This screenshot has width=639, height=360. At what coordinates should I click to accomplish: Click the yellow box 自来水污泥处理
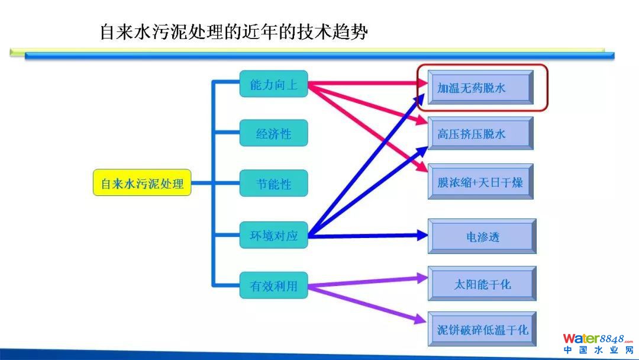(x=142, y=184)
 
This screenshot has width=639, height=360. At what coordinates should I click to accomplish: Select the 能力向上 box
(x=273, y=85)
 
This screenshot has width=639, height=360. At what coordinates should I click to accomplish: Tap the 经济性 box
(x=273, y=134)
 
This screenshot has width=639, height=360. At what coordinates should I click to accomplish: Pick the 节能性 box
(x=273, y=184)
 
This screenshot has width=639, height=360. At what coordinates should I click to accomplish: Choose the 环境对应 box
(x=273, y=236)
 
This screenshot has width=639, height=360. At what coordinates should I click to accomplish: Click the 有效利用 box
(x=273, y=287)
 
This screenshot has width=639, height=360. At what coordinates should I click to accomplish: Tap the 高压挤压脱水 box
(x=480, y=134)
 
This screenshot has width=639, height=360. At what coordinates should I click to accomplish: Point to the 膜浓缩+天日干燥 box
(x=480, y=182)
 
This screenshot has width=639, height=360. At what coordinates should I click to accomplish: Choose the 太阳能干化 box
(x=482, y=284)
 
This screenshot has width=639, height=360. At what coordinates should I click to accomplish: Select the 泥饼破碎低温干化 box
(x=482, y=329)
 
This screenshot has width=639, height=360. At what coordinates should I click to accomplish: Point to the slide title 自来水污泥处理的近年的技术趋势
(x=234, y=32)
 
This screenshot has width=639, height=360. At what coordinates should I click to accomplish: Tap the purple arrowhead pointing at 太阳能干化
(x=422, y=276)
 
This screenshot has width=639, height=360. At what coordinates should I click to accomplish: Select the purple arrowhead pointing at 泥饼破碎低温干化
(x=421, y=320)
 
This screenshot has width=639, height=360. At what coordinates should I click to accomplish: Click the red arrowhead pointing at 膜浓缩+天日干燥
(x=419, y=168)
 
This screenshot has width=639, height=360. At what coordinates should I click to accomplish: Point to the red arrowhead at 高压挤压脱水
(x=421, y=121)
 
